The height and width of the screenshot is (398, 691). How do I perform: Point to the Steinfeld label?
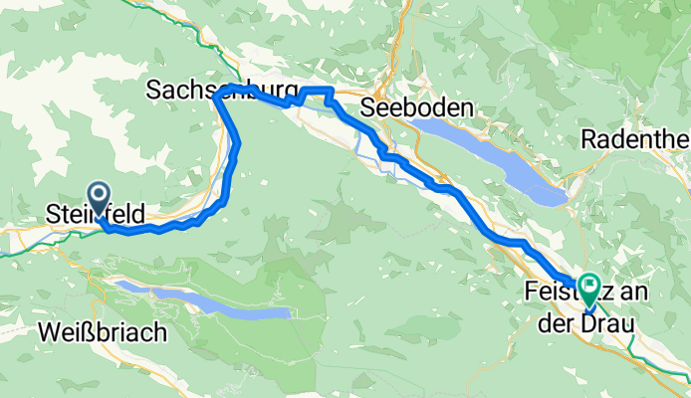coord(96,213)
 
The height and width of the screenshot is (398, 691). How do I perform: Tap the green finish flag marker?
coord(588,288)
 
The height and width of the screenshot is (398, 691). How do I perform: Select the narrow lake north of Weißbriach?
coord(204,300)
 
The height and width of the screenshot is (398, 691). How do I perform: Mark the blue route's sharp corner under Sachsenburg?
coord(216,97)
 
